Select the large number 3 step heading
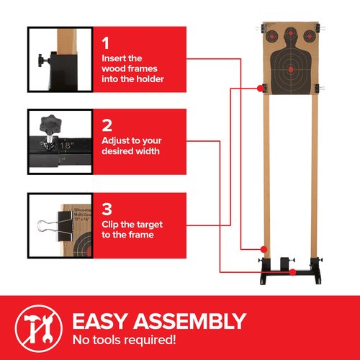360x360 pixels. [106, 209]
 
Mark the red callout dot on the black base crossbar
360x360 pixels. [293, 271]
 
